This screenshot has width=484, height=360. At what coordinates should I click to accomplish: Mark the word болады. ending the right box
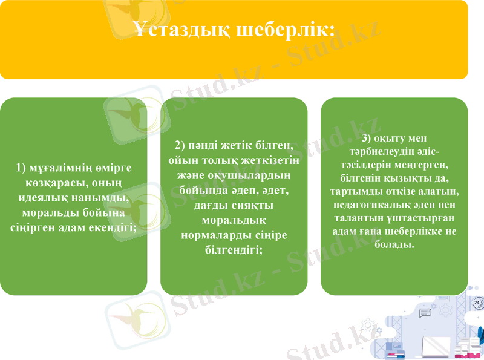click(394, 245)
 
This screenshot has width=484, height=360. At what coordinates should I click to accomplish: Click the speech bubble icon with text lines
click(426, 313)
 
